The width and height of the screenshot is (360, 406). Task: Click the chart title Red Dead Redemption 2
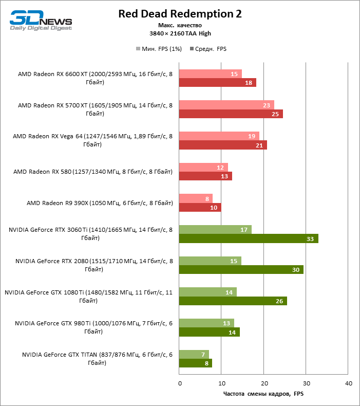(x=180, y=14)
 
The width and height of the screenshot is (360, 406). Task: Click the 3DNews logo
(x=41, y=21)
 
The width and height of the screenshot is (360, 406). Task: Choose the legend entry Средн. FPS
(x=208, y=49)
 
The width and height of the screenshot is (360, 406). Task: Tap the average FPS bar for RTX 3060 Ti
(x=249, y=238)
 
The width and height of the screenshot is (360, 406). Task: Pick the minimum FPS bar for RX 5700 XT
(x=226, y=105)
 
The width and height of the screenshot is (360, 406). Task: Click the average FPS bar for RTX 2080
(x=241, y=269)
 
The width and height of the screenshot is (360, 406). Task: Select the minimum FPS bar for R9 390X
(x=196, y=198)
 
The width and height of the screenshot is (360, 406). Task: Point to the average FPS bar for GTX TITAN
(x=196, y=363)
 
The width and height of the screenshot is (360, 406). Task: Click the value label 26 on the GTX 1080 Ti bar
(x=279, y=301)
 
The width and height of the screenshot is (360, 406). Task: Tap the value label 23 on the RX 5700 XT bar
(x=267, y=105)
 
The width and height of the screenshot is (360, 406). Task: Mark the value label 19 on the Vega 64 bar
(x=252, y=136)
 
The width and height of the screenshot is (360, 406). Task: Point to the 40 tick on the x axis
(x=348, y=383)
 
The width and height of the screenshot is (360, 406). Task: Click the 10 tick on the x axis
(x=221, y=383)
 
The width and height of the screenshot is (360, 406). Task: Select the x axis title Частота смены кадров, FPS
(x=263, y=394)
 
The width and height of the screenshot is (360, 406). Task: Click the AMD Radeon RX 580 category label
(x=93, y=172)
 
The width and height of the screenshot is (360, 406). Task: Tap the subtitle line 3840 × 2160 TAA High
(x=180, y=33)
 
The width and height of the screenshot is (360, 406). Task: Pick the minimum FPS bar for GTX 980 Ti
(x=206, y=323)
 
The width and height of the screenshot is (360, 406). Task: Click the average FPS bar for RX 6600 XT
(x=217, y=83)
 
